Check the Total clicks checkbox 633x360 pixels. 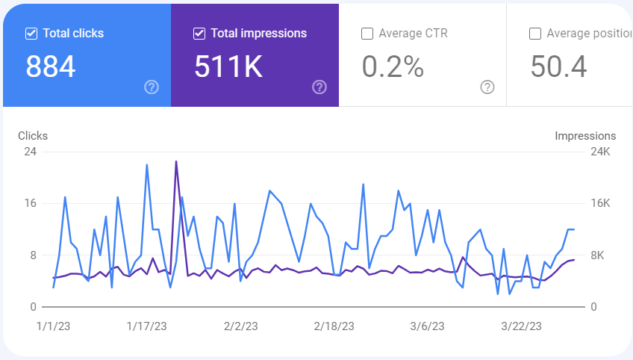[x=31, y=34]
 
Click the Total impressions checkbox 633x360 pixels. [x=199, y=34]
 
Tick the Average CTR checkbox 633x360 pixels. [x=367, y=34]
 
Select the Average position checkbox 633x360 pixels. [x=535, y=34]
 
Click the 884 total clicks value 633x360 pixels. [x=51, y=66]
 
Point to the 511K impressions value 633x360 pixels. [x=228, y=66]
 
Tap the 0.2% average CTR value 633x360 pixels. [x=393, y=66]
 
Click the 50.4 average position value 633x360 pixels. [x=558, y=66]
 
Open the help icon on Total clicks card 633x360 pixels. [x=152, y=87]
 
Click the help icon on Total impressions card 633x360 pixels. [x=319, y=87]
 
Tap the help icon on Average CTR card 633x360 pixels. [x=487, y=87]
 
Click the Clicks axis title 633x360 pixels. [x=33, y=136]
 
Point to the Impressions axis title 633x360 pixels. [x=585, y=136]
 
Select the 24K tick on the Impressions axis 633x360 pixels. [x=601, y=152]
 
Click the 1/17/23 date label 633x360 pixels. [x=146, y=326]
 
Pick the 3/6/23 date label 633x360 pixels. [x=426, y=326]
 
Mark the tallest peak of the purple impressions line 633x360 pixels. [x=176, y=161]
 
